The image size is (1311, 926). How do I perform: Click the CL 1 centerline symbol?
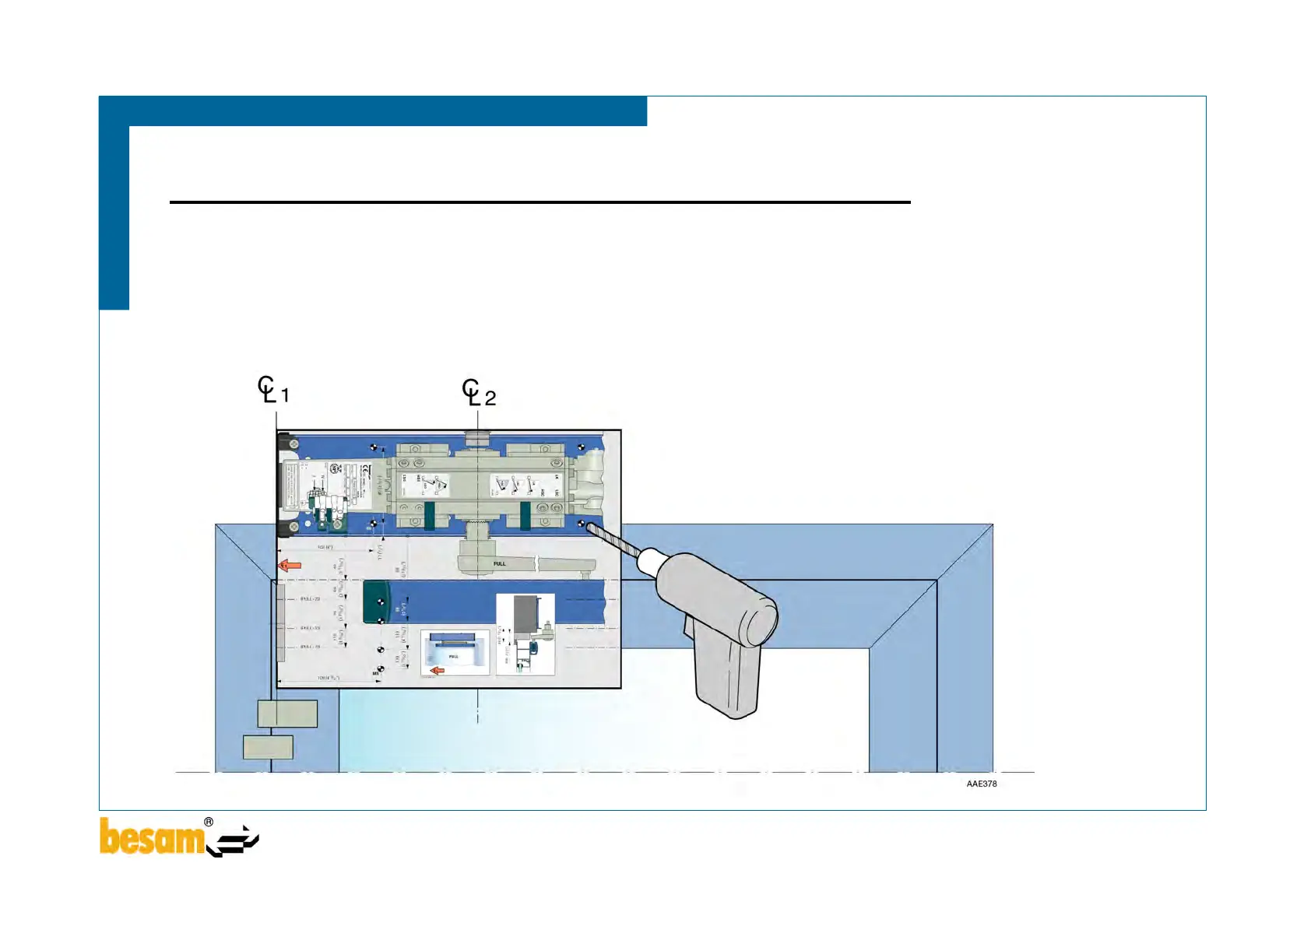click(x=272, y=390)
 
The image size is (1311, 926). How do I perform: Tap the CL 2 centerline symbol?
click(x=478, y=393)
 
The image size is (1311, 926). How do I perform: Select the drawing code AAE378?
click(x=981, y=784)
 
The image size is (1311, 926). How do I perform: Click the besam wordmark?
click(x=151, y=837)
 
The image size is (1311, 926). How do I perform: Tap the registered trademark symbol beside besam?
click(x=209, y=823)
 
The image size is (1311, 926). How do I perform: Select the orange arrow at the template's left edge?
click(x=290, y=566)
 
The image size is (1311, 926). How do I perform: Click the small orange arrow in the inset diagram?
click(x=438, y=669)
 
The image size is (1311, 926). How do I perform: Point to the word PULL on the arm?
click(x=499, y=563)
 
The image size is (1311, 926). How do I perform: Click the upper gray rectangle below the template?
click(x=287, y=714)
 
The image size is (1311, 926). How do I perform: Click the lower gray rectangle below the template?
click(x=268, y=747)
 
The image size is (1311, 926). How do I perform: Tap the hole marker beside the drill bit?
click(x=581, y=524)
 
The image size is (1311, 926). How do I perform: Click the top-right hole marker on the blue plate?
click(x=581, y=447)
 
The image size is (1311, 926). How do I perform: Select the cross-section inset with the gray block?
click(x=525, y=634)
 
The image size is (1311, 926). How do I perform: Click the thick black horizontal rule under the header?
click(x=540, y=202)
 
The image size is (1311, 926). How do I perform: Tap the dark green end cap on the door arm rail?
click(x=377, y=602)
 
